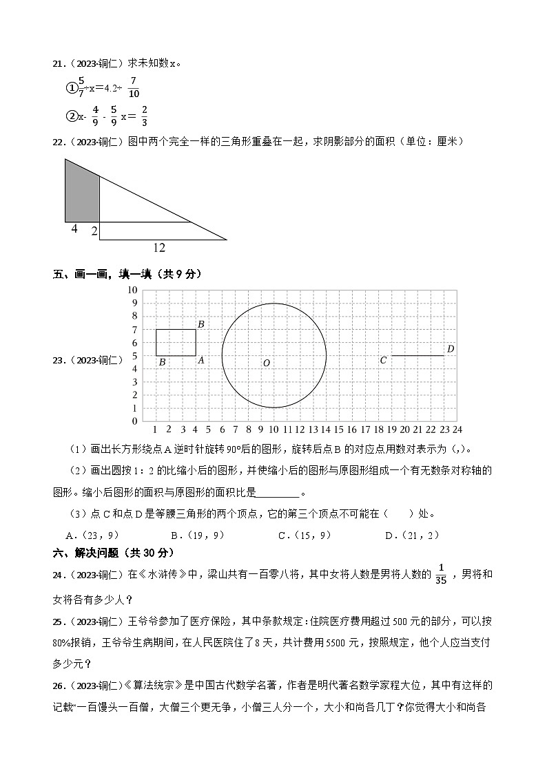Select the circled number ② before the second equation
71,116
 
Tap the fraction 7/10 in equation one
133,88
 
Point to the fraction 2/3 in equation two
145,116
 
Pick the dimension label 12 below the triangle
159,248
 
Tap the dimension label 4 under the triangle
74,229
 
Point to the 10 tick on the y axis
132,290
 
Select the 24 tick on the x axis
457,430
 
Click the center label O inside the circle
266,363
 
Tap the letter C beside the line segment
384,360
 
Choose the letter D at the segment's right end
451,349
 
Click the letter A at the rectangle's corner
201,360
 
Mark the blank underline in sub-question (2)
278,493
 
